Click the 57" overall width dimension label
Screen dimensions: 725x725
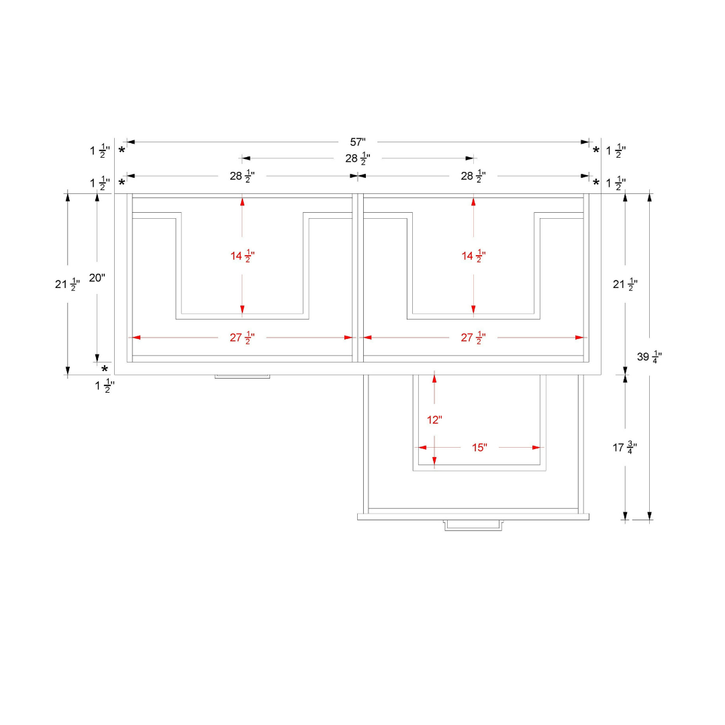click(x=358, y=142)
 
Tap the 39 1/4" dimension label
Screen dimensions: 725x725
click(x=649, y=357)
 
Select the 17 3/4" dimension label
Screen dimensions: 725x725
click(x=625, y=448)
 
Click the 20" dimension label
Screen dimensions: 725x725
click(x=97, y=278)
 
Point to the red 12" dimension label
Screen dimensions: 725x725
click(x=434, y=420)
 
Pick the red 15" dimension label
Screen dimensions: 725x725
click(x=479, y=448)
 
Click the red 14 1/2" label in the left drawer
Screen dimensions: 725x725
click(x=242, y=256)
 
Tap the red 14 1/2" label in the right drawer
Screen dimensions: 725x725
click(x=473, y=256)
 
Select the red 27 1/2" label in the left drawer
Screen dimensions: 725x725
click(x=242, y=338)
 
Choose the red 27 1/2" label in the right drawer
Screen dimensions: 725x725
click(x=473, y=338)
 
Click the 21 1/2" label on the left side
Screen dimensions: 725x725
click(x=68, y=285)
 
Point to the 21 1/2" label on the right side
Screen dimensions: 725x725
click(x=625, y=285)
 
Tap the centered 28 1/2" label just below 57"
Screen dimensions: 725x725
click(x=358, y=158)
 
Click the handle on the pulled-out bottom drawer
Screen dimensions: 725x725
click(x=473, y=525)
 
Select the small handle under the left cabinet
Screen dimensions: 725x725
click(x=242, y=377)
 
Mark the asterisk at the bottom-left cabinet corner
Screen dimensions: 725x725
click(x=105, y=369)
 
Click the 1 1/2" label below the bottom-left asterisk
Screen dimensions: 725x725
click(x=105, y=385)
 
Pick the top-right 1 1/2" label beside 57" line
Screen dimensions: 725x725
click(x=616, y=151)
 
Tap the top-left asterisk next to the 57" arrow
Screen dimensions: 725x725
click(x=122, y=150)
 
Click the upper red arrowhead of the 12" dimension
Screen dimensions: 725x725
click(x=434, y=377)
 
